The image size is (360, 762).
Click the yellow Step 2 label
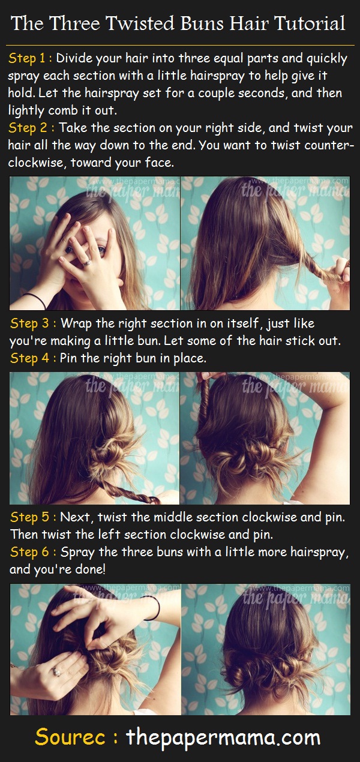pyautogui.click(x=31, y=128)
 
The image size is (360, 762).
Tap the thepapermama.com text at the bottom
pyautogui.click(x=223, y=737)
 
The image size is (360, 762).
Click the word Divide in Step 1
pyautogui.click(x=74, y=59)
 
